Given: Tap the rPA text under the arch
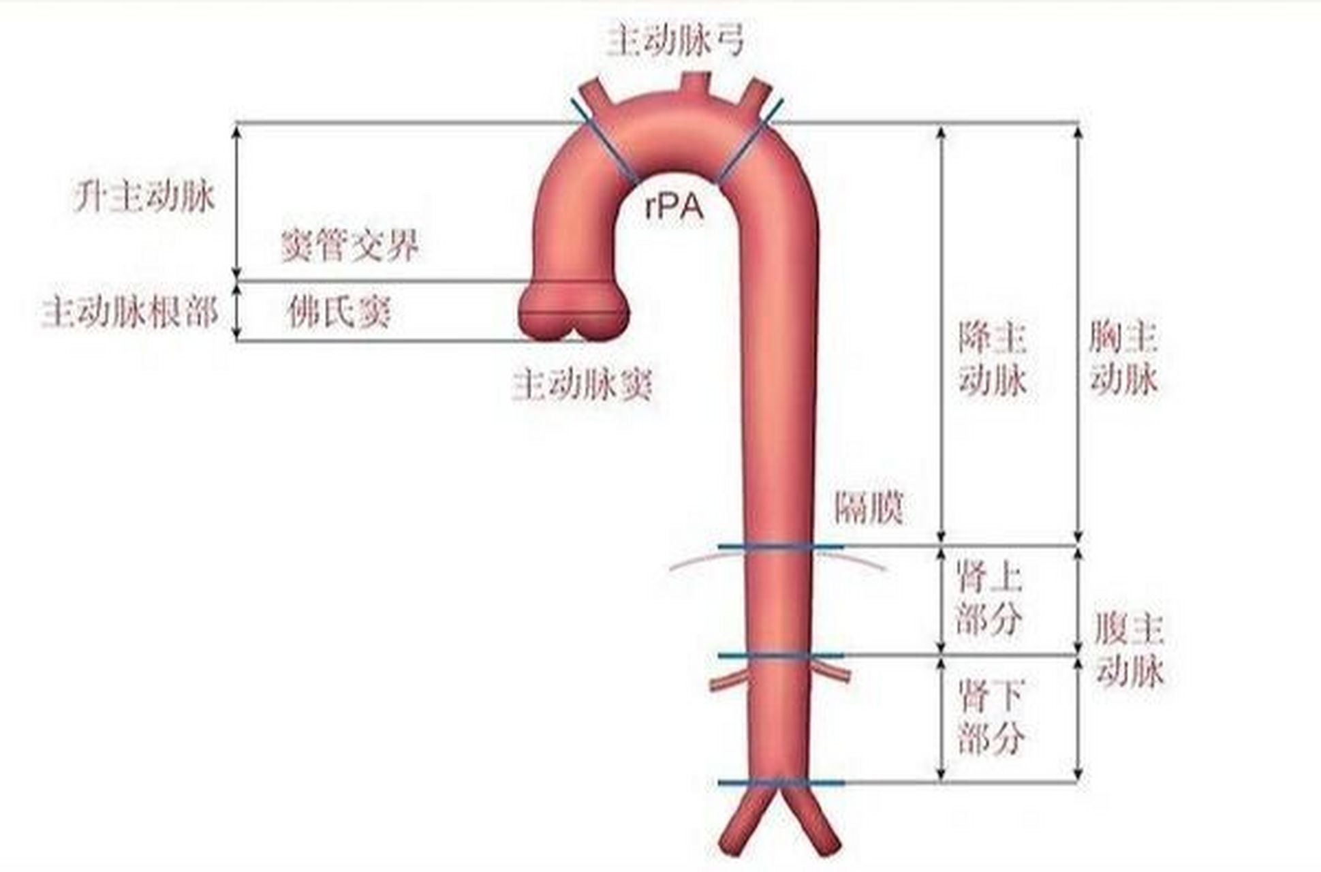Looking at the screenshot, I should (674, 208).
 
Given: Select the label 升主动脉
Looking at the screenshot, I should (144, 197).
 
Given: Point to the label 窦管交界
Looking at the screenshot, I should (350, 245).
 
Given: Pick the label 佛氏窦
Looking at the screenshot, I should (339, 313).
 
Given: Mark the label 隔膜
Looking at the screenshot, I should (869, 508).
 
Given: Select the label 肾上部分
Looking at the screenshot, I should (989, 599).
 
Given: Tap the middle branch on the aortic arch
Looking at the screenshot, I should (695, 85).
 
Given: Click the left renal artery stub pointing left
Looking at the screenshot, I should (726, 681).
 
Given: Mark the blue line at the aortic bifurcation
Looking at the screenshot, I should (781, 783).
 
